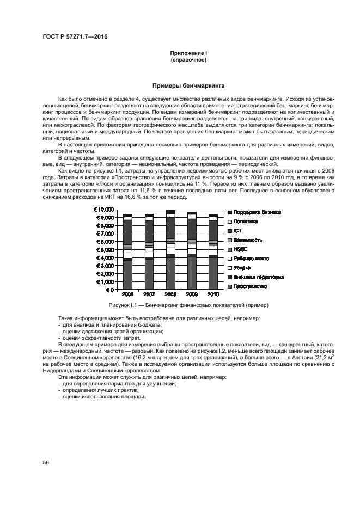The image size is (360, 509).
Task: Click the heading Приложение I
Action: pos(188,53)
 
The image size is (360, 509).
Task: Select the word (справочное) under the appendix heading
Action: pos(188,59)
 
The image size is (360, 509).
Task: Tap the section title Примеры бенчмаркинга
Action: pos(188,85)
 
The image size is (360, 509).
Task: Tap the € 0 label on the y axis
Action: pos(109,290)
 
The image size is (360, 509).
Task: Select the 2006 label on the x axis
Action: pos(127,295)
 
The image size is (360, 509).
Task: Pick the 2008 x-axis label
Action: pos(170,295)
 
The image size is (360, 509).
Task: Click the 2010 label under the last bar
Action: pos(213,295)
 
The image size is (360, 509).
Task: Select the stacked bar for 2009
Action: pos(192,250)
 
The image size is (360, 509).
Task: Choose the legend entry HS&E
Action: pos(240,249)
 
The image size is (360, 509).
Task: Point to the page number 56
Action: pos(46,462)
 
